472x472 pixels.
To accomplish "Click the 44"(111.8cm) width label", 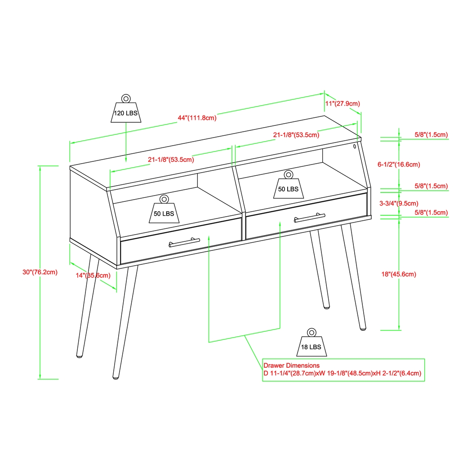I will click(x=197, y=118).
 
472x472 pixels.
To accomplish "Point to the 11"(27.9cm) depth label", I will click(x=342, y=103).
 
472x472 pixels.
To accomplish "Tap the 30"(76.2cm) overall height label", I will click(x=40, y=272).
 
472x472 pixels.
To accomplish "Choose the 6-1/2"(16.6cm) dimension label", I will click(x=399, y=165).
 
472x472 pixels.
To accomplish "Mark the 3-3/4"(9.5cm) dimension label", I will click(x=399, y=203).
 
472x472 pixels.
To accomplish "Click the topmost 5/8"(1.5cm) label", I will click(x=431, y=134).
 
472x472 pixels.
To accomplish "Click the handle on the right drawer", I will click(x=309, y=218).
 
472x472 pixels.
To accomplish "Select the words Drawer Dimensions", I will click(x=291, y=365).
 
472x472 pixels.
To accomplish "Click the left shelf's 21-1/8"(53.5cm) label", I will click(x=171, y=159).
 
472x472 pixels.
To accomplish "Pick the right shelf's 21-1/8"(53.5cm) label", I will click(x=296, y=135).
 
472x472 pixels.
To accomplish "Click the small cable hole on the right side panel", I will click(x=355, y=146).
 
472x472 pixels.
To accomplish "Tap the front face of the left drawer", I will click(x=148, y=249).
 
